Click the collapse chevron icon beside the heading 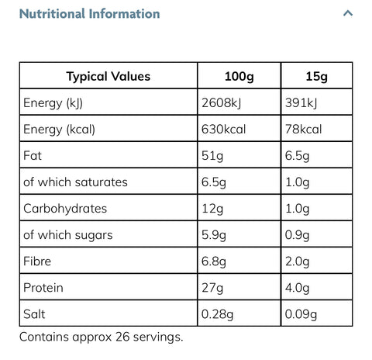(x=348, y=13)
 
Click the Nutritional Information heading (x=89, y=14)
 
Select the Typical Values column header (x=108, y=76)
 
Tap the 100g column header (x=239, y=77)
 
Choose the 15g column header (x=316, y=77)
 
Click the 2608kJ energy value (x=221, y=103)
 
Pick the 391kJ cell (x=301, y=103)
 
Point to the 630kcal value (x=223, y=129)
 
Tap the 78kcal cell (x=303, y=129)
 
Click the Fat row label (x=33, y=156)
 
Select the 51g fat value (x=212, y=156)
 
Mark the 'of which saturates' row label (x=75, y=182)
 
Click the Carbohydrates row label (x=65, y=209)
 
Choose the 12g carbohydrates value (x=212, y=209)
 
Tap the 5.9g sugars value (x=214, y=235)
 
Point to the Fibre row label (x=37, y=261)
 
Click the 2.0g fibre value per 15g (x=298, y=261)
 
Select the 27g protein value (x=212, y=288)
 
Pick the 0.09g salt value (x=301, y=314)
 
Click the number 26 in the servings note (x=122, y=337)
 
